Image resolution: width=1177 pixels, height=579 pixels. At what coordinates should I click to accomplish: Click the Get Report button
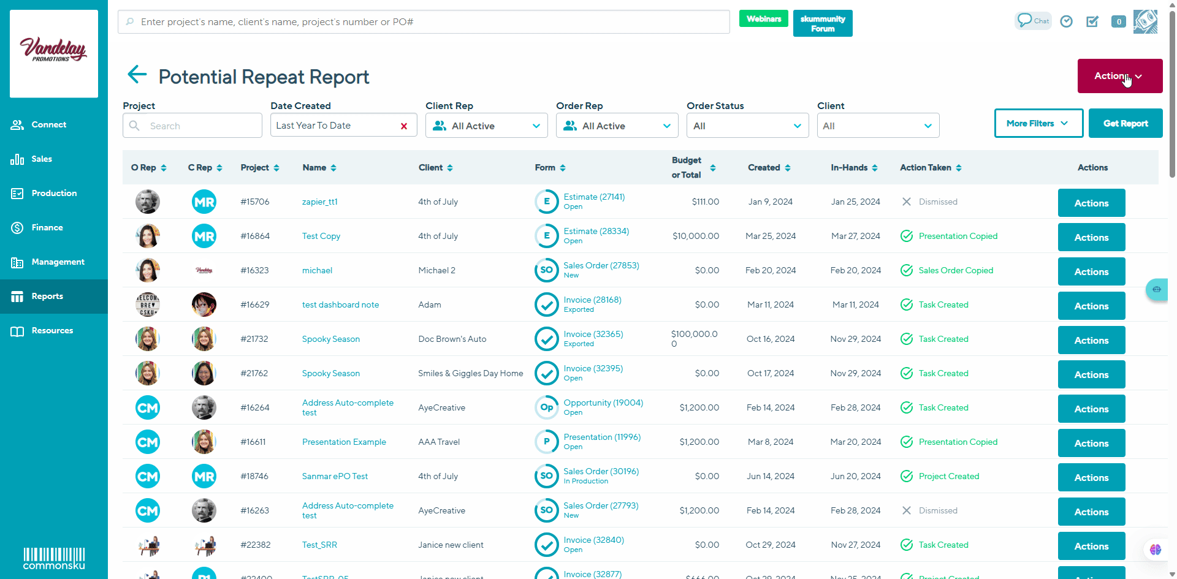tap(1126, 123)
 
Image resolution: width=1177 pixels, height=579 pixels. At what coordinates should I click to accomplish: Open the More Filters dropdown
tap(1038, 123)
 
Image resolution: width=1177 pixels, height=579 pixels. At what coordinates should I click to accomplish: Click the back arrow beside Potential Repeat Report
tap(137, 75)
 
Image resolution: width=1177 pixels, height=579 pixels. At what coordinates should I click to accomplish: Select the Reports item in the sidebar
tap(47, 297)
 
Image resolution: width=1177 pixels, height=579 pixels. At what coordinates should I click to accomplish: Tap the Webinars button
tap(763, 19)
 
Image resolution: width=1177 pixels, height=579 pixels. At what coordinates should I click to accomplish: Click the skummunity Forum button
tap(822, 24)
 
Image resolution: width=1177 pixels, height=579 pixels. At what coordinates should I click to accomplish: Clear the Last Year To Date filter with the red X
tap(404, 126)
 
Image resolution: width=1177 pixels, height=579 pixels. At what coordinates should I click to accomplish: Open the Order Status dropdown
tap(747, 126)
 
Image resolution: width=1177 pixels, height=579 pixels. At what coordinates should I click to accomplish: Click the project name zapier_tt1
tap(319, 202)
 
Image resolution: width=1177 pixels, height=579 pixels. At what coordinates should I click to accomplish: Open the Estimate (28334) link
tap(596, 231)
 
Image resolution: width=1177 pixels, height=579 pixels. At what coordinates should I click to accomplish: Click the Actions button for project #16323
tap(1091, 271)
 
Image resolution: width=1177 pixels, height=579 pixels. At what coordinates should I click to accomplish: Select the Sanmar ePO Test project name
tap(335, 476)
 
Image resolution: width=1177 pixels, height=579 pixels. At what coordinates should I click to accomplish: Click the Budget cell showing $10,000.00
tap(696, 236)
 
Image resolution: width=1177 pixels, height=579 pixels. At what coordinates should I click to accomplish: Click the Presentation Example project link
tap(344, 442)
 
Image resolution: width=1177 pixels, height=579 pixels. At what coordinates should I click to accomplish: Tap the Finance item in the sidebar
tap(47, 228)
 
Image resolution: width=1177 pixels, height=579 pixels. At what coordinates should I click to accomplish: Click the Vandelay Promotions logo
tap(54, 53)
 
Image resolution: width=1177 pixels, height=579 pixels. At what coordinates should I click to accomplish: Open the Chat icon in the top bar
tap(1033, 21)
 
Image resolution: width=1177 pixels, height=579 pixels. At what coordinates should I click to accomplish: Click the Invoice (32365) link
tap(593, 334)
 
